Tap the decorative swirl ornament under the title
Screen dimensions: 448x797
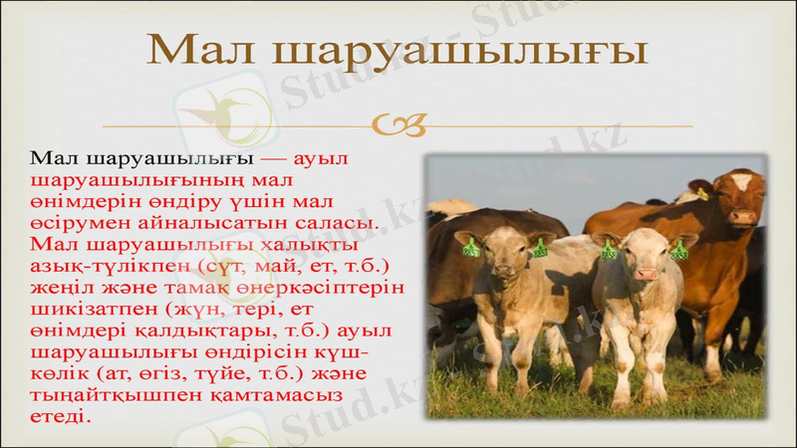(x=398, y=125)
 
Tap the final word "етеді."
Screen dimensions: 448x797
(x=60, y=415)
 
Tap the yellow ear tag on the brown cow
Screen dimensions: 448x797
(x=702, y=194)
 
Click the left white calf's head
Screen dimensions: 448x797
(x=503, y=255)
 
